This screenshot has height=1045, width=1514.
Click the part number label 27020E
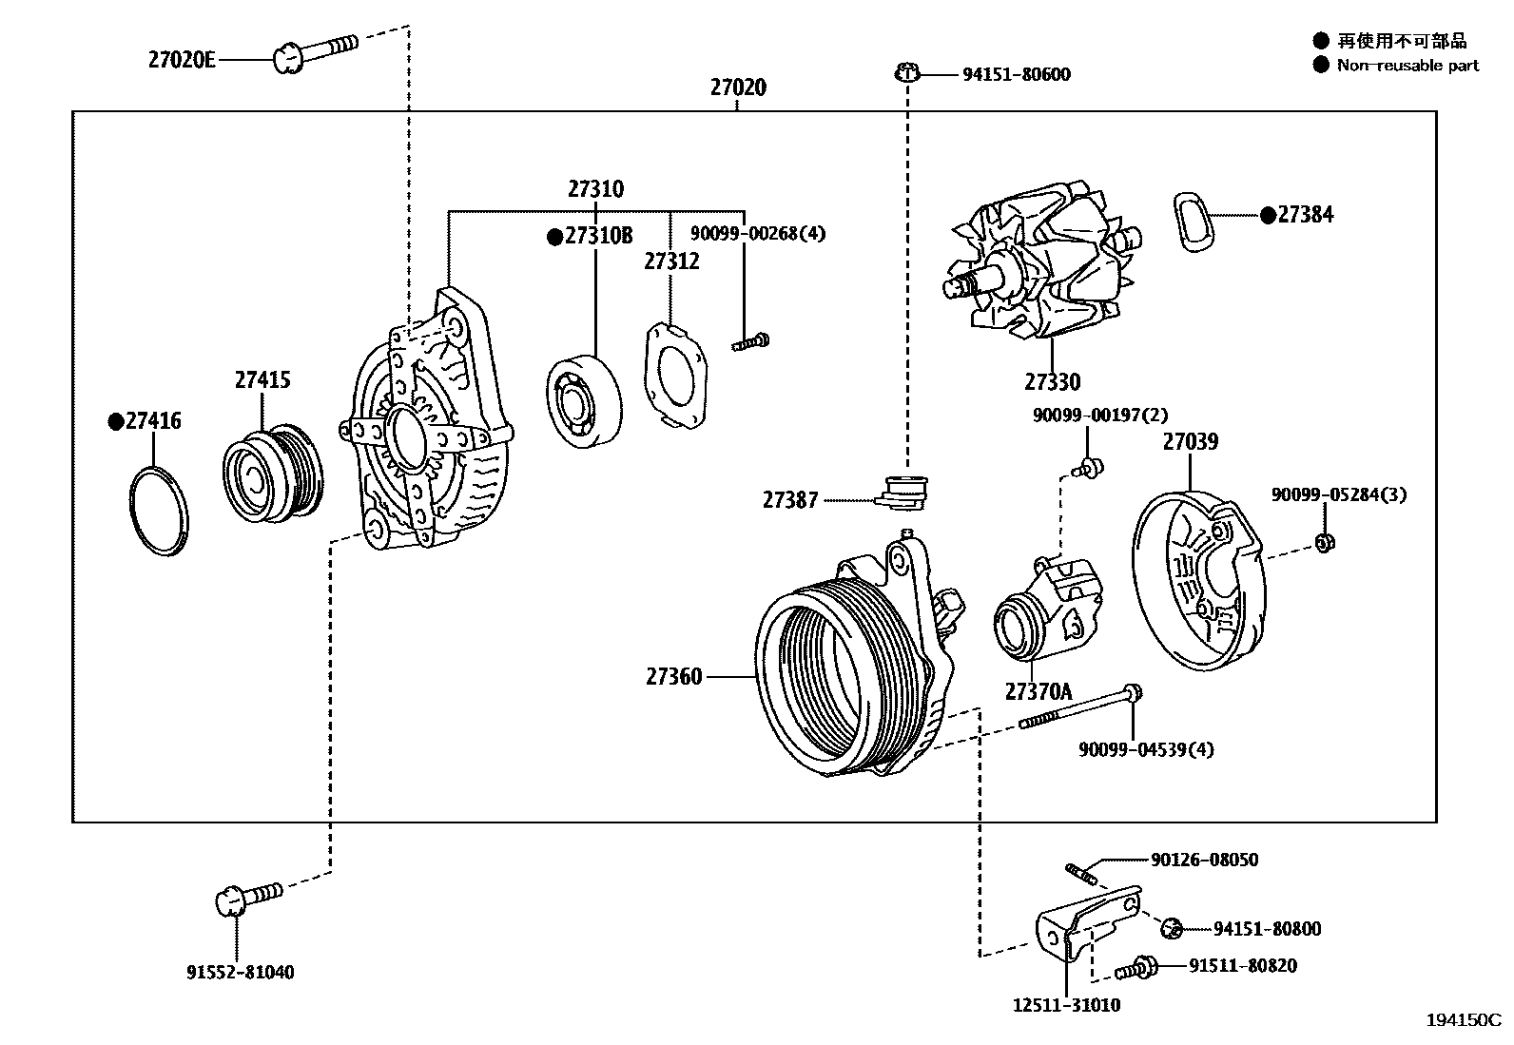tap(182, 60)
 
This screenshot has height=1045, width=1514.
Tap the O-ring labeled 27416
tap(158, 510)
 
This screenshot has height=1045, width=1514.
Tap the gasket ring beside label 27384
tap(1195, 222)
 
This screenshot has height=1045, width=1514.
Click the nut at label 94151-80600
tap(907, 72)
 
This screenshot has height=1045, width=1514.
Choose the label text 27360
tap(673, 676)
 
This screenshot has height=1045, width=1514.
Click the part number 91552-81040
tap(240, 972)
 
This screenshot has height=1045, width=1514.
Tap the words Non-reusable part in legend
tap(1407, 65)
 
